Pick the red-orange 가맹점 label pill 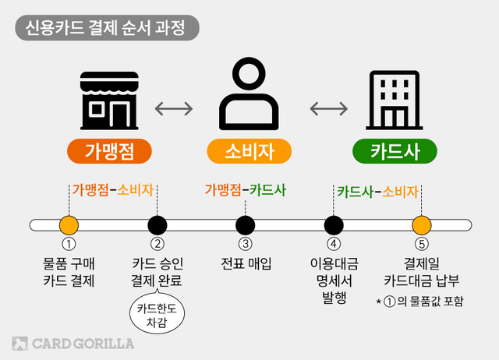point(107,150)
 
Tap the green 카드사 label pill point(396,150)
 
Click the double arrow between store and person point(174,108)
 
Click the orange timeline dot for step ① point(69,225)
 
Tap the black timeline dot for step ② point(157,225)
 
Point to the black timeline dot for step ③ point(246,225)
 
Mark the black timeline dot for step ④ point(334,225)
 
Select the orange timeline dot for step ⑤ point(422,225)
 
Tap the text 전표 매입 point(246,263)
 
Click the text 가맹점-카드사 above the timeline point(246,189)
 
